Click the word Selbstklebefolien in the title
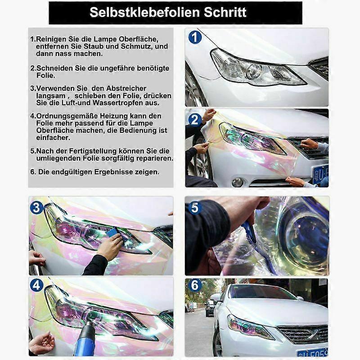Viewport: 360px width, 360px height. pos(139,12)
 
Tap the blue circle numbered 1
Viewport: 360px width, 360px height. pos(195,37)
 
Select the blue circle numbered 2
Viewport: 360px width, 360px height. pos(195,120)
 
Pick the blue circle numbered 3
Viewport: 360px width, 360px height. pos(37,207)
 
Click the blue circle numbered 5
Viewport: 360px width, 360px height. pos(194,207)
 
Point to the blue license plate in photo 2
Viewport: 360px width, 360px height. pos(321,173)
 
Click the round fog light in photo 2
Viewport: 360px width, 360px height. pos(238,182)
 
